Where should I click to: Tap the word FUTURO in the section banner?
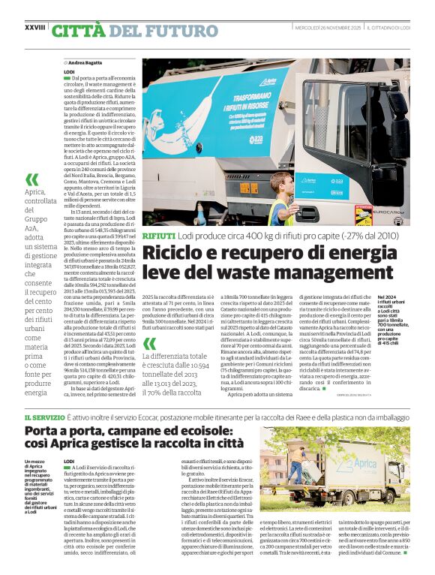pos(179,31)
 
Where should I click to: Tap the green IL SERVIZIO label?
pos(43,417)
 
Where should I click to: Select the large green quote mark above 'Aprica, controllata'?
pos(31,180)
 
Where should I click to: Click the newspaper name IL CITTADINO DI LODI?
pos(390,28)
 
